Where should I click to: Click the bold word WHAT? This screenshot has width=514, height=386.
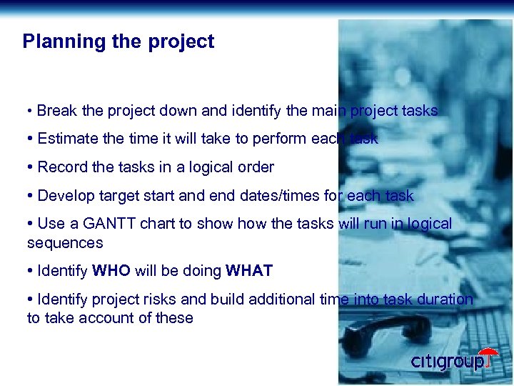coord(249,271)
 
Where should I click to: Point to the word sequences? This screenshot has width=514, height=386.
coord(65,243)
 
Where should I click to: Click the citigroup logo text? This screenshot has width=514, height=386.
coord(447,362)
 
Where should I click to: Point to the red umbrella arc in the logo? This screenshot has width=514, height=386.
coord(488,352)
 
